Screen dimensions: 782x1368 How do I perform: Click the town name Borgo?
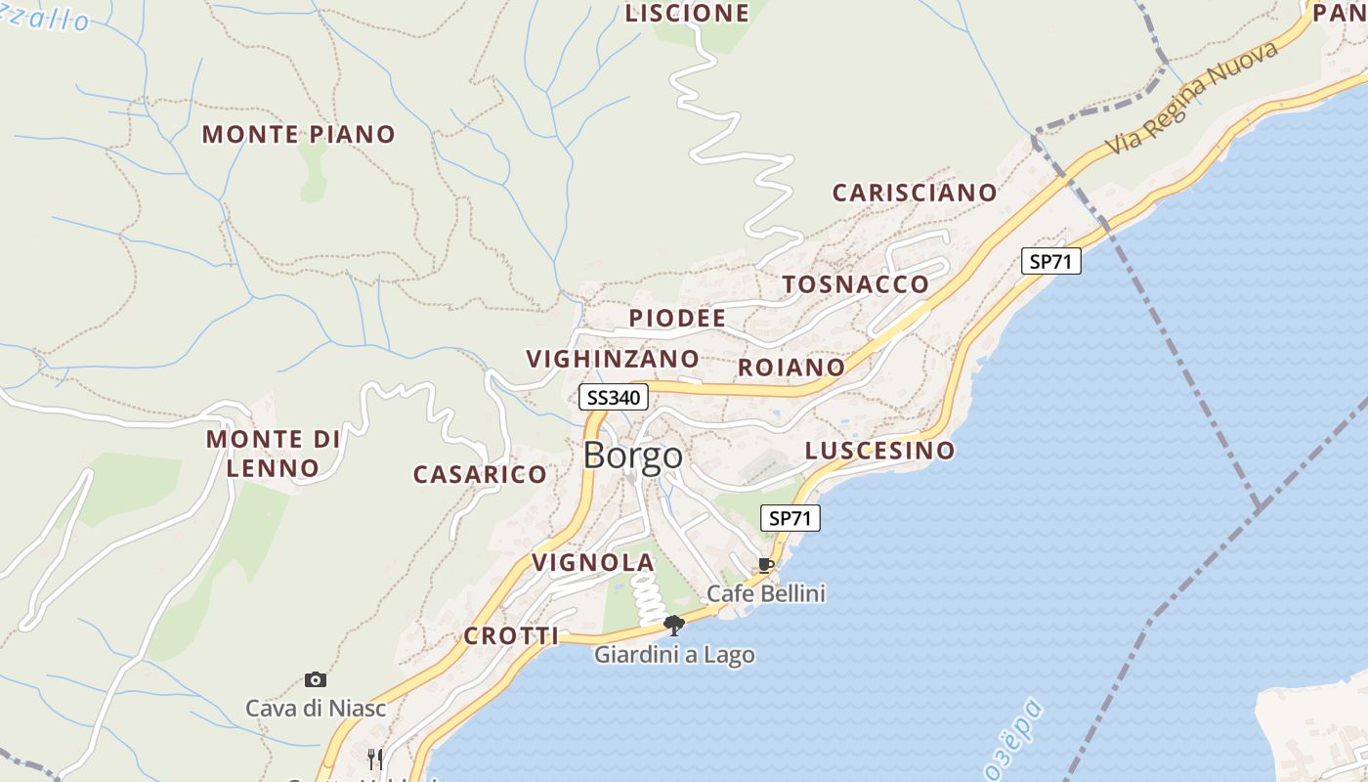[632, 456]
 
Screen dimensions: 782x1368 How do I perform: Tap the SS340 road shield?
[614, 397]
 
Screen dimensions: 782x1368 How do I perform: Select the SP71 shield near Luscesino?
[790, 518]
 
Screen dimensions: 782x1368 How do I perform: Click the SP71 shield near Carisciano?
[1051, 261]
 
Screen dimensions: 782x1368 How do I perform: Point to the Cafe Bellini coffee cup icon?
[766, 566]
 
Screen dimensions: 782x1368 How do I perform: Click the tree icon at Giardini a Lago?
[673, 626]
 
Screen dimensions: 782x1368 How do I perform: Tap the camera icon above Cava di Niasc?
[315, 679]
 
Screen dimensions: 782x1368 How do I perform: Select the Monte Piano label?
[298, 135]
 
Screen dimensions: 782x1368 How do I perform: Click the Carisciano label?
[914, 193]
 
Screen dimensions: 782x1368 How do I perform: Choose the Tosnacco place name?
[855, 284]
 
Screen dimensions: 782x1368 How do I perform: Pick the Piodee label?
[677, 319]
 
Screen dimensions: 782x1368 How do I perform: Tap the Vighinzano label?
[613, 359]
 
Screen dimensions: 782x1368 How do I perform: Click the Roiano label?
[791, 368]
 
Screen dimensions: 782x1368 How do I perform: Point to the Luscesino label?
[879, 451]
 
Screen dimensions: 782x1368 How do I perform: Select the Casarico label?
[480, 475]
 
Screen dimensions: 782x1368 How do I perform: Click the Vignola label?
[592, 563]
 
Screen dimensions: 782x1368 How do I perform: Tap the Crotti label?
[511, 636]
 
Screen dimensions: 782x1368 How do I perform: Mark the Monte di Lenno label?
[274, 454]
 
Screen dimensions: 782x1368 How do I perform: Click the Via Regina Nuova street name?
[1193, 99]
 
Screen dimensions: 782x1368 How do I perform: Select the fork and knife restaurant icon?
[373, 758]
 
